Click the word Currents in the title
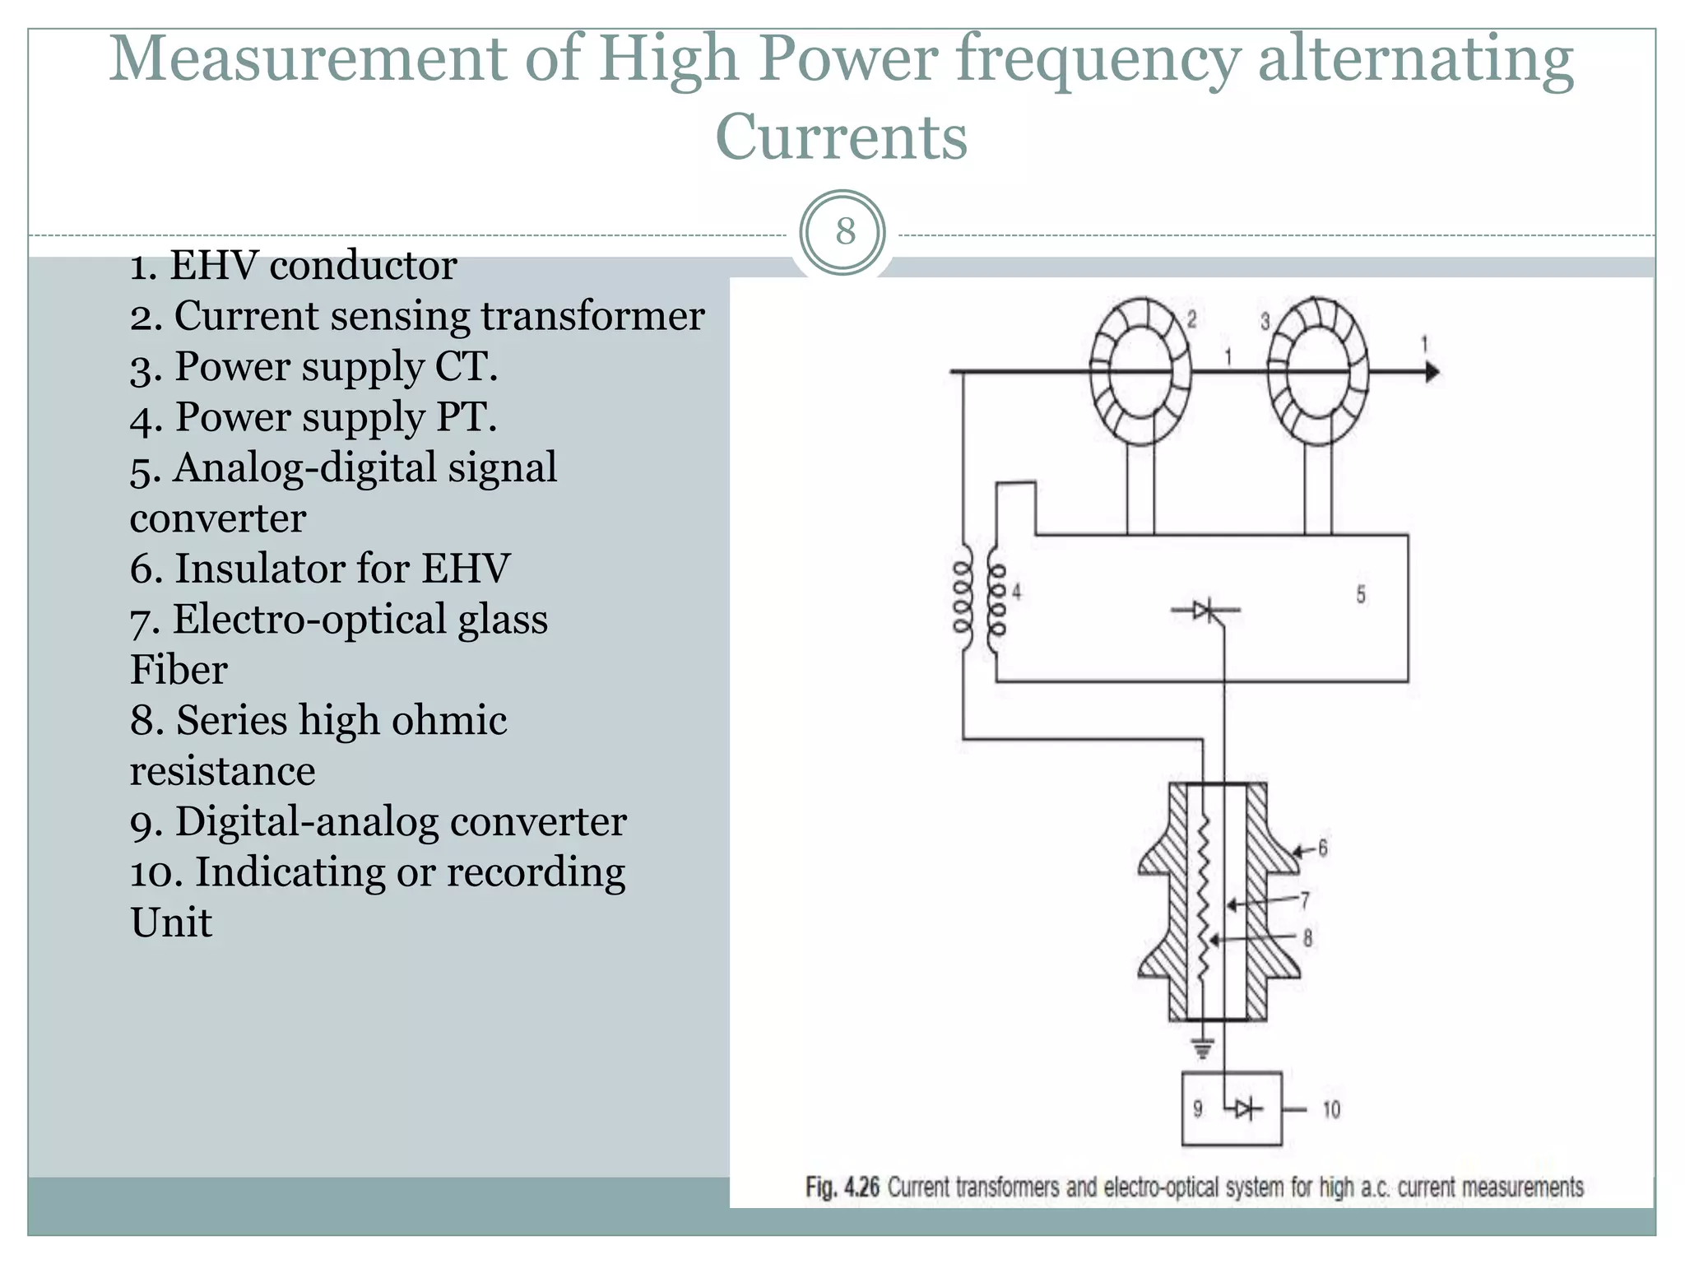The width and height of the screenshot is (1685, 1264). point(841,137)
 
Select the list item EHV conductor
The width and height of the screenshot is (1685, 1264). point(293,266)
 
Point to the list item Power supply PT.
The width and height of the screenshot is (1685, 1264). point(313,417)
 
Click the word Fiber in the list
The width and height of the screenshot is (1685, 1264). point(179,670)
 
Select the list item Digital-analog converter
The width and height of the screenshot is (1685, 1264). point(378,822)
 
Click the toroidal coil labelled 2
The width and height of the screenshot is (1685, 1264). point(1140,372)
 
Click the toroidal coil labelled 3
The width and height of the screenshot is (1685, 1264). point(1317,372)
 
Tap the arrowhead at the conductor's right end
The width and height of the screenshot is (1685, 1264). point(1432,372)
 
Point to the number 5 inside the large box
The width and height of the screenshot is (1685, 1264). point(1361,594)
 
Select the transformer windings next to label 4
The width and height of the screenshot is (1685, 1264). point(979,597)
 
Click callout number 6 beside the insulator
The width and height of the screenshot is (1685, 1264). point(1322,848)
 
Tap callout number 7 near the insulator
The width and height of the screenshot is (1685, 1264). point(1305,900)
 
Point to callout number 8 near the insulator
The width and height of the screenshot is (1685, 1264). point(1307,937)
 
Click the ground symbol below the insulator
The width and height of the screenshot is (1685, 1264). point(1202,1048)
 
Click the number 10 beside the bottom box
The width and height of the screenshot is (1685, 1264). point(1331,1110)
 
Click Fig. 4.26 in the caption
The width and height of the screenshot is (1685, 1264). point(842,1187)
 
